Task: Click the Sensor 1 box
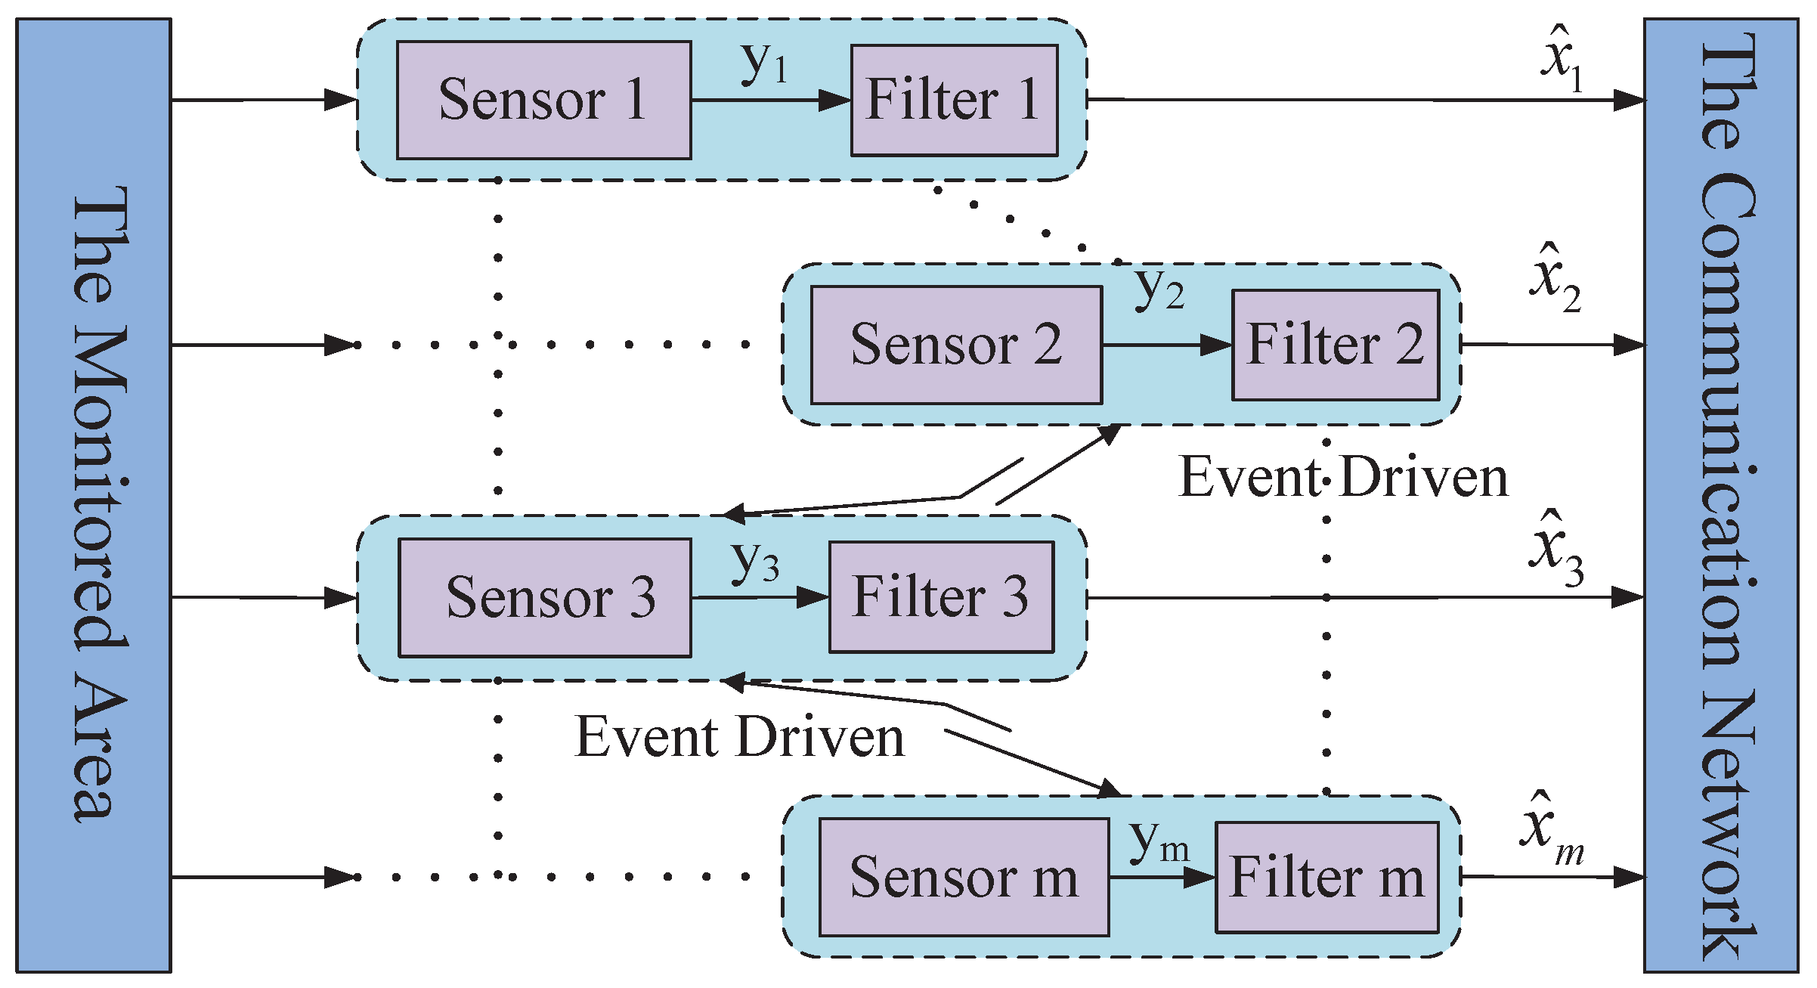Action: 543,100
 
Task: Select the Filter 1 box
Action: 954,100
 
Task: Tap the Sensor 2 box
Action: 956,345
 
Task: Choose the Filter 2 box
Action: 1335,345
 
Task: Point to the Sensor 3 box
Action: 544,597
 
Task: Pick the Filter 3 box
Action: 941,596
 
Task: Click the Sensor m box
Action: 964,877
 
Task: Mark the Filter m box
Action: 1326,877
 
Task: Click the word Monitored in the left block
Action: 100,491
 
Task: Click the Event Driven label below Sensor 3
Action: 739,737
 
